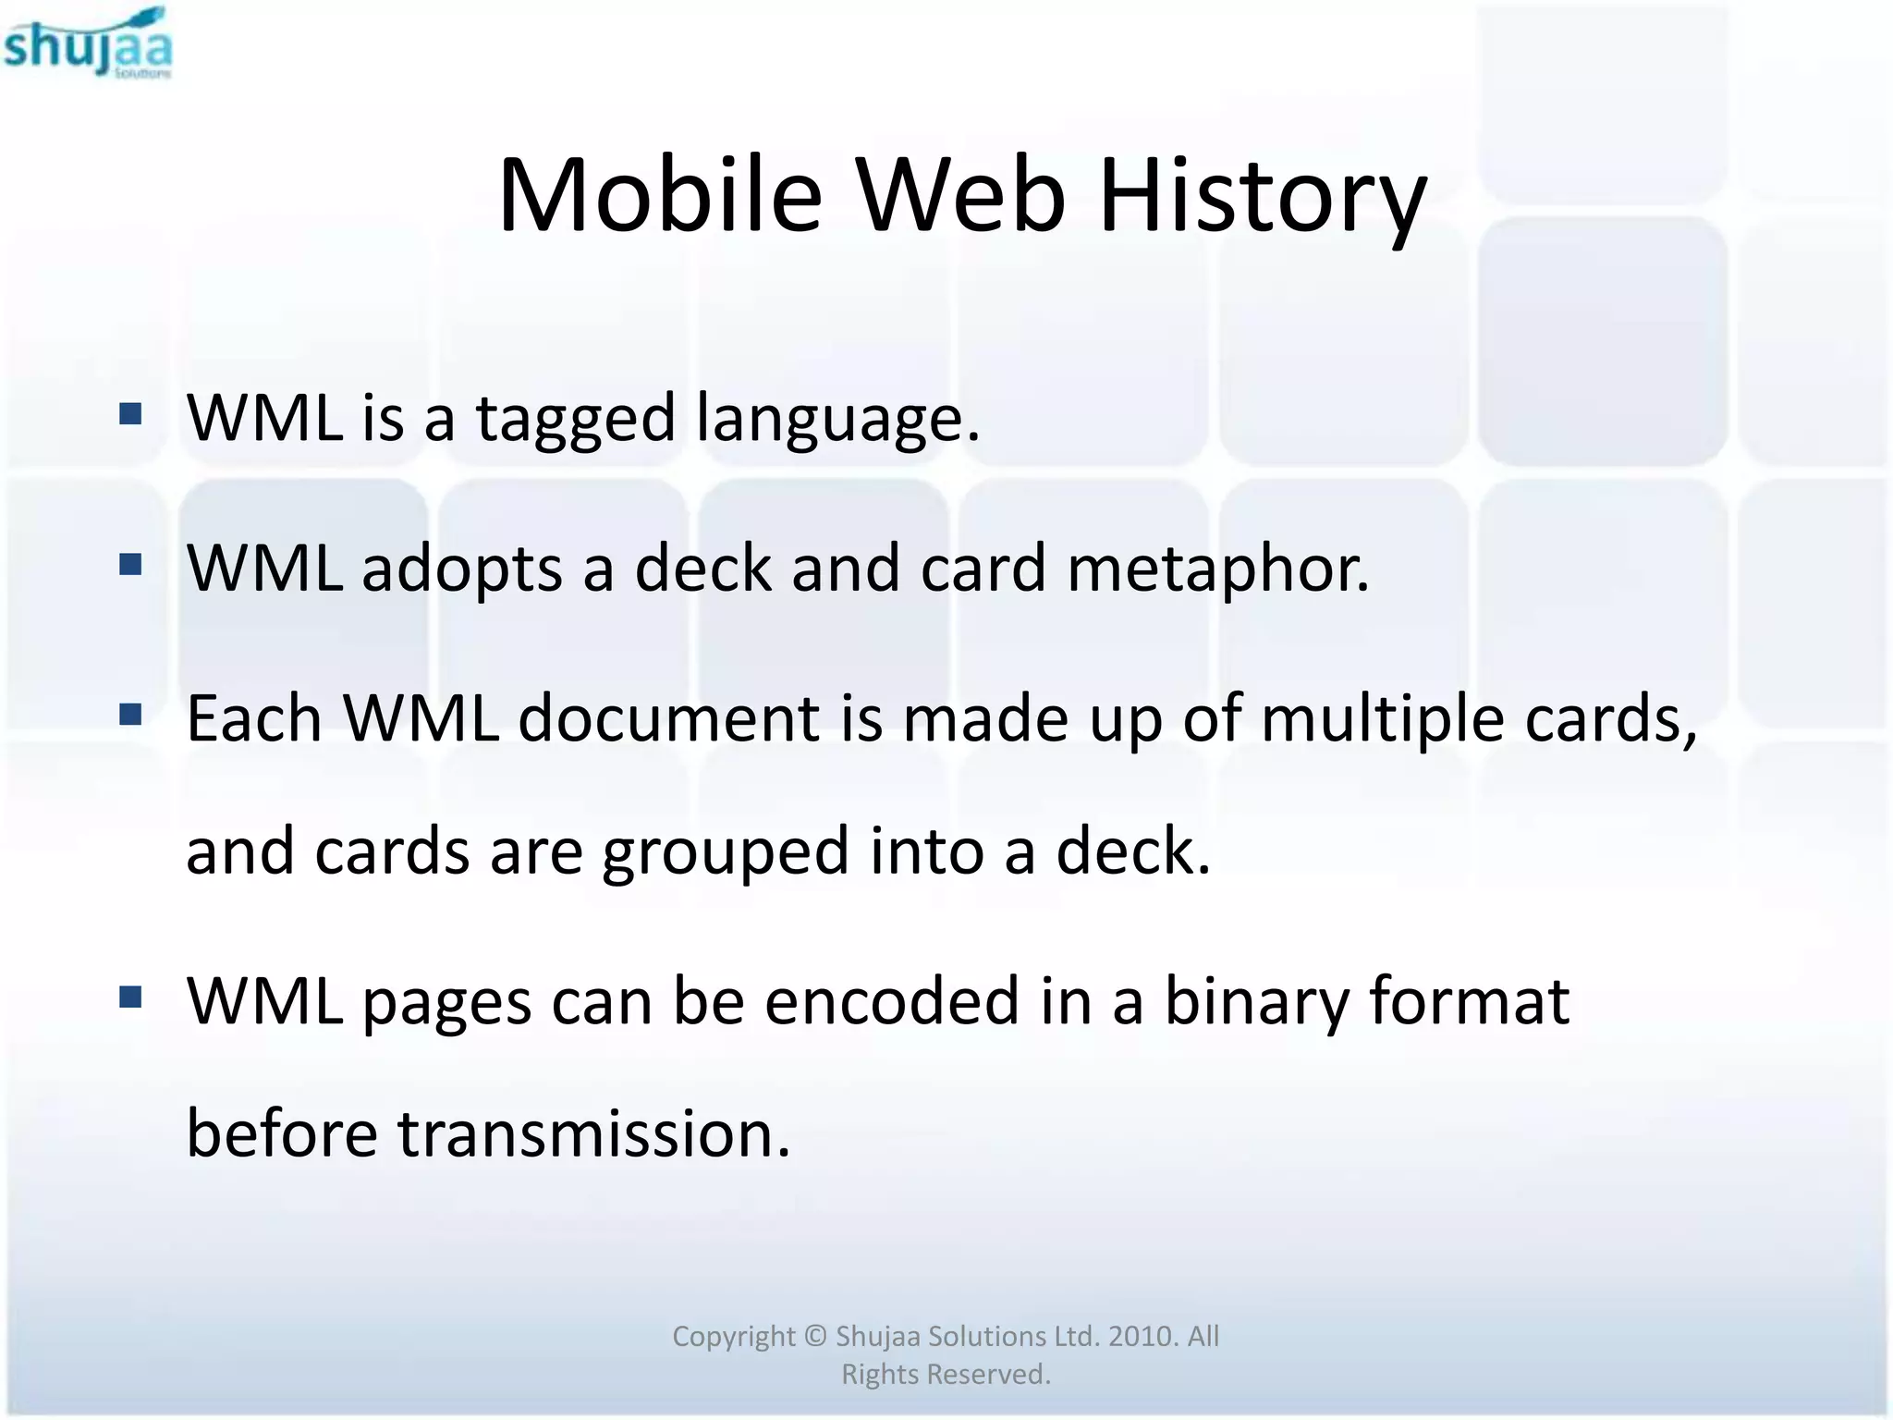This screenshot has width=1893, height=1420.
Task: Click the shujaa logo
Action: point(88,44)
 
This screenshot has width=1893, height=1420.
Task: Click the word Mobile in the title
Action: point(659,196)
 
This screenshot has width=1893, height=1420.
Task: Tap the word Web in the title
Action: point(960,196)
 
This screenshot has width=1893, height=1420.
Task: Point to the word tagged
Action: point(576,420)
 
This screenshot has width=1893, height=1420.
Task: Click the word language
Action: point(837,420)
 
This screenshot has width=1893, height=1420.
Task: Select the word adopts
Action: point(461,569)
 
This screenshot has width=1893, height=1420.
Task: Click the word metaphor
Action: point(1217,569)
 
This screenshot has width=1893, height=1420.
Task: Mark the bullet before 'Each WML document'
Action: point(131,713)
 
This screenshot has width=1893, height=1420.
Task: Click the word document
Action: point(668,718)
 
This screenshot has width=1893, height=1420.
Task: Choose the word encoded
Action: point(891,1002)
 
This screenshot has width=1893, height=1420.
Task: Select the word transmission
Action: point(593,1134)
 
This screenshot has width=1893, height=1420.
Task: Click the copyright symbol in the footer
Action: point(814,1336)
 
